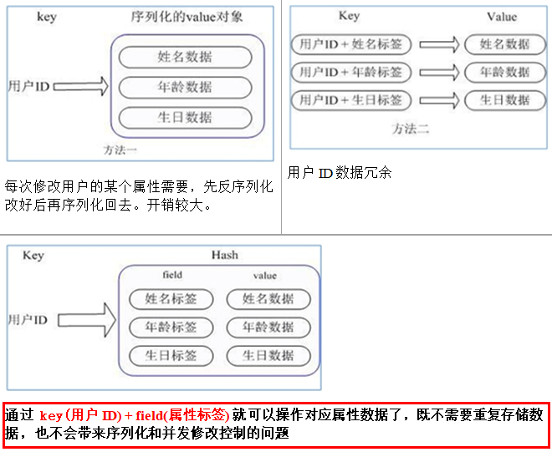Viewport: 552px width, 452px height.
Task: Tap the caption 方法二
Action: (x=412, y=128)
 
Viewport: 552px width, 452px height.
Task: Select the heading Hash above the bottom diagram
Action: (x=225, y=255)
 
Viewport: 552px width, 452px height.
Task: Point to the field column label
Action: (x=172, y=275)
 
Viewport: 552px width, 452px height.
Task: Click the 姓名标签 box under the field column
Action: (x=171, y=299)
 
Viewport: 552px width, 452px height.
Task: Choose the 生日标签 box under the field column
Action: (x=171, y=355)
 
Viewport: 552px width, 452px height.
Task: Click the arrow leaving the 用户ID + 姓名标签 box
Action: (x=439, y=44)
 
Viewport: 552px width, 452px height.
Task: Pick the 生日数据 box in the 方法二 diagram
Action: (x=505, y=100)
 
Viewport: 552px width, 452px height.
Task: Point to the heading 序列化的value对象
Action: (x=187, y=17)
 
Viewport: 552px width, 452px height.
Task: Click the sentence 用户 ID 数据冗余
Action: (x=340, y=173)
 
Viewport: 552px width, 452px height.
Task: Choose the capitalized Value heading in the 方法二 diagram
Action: (x=502, y=17)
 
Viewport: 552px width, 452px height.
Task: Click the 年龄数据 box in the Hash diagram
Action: (x=268, y=328)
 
